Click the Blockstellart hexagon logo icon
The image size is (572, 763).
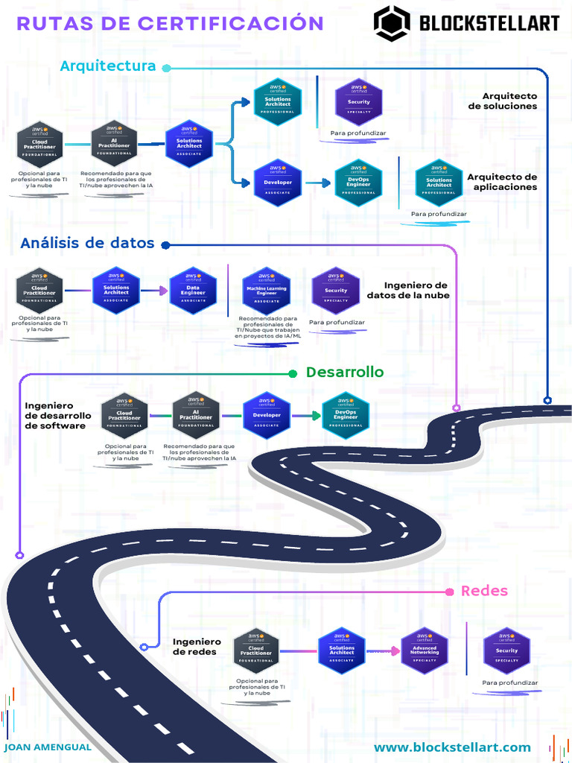[392, 23]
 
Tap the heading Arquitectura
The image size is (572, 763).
[108, 66]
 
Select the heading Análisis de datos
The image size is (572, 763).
[87, 243]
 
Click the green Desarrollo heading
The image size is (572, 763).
[345, 372]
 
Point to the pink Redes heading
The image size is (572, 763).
[484, 591]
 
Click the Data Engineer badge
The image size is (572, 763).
[193, 291]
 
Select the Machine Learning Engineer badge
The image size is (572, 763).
[267, 291]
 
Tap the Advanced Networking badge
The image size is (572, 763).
[425, 650]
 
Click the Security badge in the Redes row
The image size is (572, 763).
[506, 650]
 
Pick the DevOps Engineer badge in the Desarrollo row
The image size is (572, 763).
[346, 415]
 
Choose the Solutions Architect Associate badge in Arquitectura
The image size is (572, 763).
[189, 143]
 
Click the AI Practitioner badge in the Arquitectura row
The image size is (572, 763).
[114, 143]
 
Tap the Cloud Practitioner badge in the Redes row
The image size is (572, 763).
[255, 652]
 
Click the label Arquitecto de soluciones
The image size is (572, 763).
[503, 101]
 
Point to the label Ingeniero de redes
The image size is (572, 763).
[197, 647]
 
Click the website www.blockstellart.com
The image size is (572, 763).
[452, 747]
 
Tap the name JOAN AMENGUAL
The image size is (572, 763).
[48, 747]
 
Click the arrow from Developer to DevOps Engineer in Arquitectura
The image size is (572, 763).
[318, 183]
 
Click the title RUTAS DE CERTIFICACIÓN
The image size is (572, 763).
[170, 24]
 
